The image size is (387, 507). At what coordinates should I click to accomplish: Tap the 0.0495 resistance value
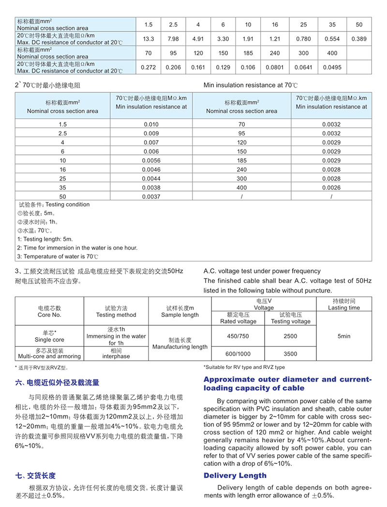[332, 67]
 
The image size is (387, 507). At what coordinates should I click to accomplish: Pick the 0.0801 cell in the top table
[275, 67]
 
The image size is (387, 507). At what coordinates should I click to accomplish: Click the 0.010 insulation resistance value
[151, 124]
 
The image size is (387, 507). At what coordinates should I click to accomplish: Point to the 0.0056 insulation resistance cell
[151, 161]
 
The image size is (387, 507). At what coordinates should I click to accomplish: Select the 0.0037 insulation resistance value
[151, 196]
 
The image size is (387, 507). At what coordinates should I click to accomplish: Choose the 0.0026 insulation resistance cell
[331, 188]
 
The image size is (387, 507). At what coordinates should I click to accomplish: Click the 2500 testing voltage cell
[291, 336]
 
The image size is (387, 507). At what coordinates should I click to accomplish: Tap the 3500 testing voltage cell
[291, 354]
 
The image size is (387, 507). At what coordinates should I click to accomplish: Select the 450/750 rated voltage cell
[238, 336]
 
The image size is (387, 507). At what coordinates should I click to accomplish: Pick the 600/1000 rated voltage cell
[238, 354]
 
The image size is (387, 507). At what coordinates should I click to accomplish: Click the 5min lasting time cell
[344, 336]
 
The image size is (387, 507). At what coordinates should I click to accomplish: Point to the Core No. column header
[49, 311]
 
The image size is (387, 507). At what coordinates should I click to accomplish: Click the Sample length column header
[180, 311]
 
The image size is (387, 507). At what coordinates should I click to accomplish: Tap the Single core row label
[49, 336]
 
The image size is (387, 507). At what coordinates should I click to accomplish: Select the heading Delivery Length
[235, 476]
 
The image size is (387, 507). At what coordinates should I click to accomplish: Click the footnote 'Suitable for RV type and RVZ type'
[244, 367]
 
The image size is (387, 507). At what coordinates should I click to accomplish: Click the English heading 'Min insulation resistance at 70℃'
[251, 85]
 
